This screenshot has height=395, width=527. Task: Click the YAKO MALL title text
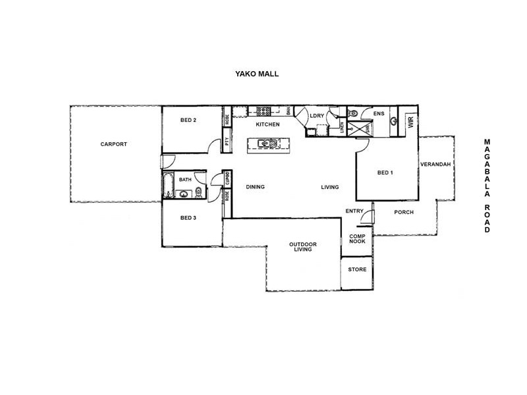[257, 74]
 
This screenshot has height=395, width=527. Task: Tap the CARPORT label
[113, 144]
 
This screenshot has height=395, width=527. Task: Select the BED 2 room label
[188, 120]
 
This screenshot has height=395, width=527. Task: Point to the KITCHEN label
[267, 124]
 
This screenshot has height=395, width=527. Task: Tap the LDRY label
[316, 116]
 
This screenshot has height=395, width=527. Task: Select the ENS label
[378, 114]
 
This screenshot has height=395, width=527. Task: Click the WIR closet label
[410, 122]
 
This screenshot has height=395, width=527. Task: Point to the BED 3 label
[188, 217]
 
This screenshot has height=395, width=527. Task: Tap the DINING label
[255, 187]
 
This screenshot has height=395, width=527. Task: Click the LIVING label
[329, 187]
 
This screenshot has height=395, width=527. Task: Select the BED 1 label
[385, 172]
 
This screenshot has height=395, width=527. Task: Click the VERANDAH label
[435, 164]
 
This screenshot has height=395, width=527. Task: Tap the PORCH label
[403, 212]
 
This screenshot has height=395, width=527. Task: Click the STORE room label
[357, 269]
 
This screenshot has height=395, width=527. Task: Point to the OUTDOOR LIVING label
[303, 247]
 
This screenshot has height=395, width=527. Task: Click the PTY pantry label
[227, 140]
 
